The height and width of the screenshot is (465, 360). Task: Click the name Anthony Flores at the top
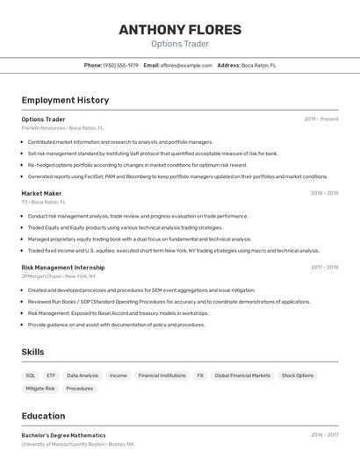click(x=180, y=29)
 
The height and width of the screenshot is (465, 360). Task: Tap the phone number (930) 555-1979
click(x=121, y=65)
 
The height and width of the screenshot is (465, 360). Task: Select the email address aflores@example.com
click(x=185, y=65)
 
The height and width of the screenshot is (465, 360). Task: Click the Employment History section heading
click(x=65, y=100)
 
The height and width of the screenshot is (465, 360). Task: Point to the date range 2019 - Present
click(x=321, y=118)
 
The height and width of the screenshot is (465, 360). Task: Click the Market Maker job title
click(x=41, y=193)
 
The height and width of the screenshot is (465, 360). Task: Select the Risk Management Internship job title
click(x=63, y=267)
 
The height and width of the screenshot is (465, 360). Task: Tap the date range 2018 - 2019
click(x=324, y=193)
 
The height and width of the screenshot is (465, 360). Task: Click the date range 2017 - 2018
click(x=324, y=267)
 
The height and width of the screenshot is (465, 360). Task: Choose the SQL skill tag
click(x=31, y=376)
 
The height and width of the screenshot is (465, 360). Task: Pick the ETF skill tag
click(x=51, y=376)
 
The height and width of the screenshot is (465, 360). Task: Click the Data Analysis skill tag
click(x=83, y=376)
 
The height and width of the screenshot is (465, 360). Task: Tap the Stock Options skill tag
click(x=298, y=376)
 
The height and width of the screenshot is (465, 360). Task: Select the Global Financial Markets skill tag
click(x=242, y=376)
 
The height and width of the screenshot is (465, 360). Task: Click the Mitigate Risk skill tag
click(x=40, y=388)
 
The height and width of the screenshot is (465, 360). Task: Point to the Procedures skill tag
click(x=79, y=388)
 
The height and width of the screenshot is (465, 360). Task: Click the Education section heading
click(x=43, y=416)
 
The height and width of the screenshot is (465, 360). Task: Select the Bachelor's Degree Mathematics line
click(x=63, y=435)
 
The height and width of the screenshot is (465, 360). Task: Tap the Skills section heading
click(x=33, y=352)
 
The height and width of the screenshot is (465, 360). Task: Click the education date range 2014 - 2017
click(x=324, y=435)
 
